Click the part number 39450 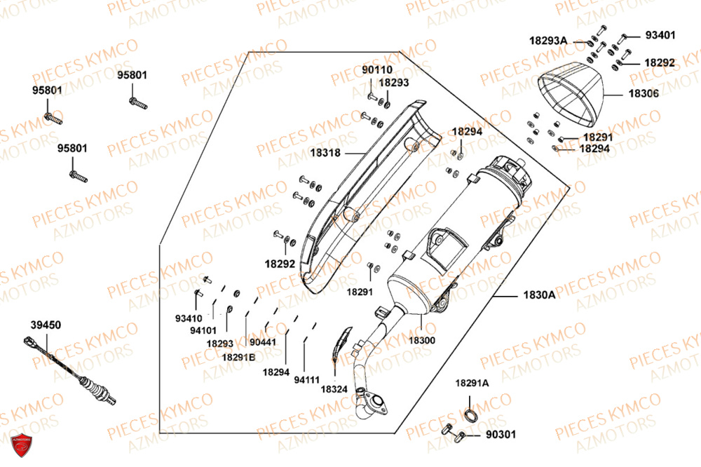[46, 325]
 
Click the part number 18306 [644, 93]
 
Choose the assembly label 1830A [539, 295]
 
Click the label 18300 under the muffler [423, 340]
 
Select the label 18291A [472, 383]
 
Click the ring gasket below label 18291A [475, 414]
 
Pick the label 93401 [660, 35]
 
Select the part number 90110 [377, 70]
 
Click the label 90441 [263, 342]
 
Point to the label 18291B [239, 356]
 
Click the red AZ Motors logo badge [23, 445]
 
